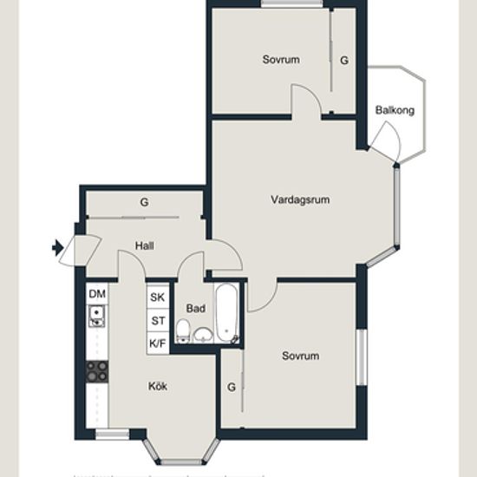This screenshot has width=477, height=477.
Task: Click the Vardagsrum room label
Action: [x=300, y=199]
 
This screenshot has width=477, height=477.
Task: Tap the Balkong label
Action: [x=395, y=110]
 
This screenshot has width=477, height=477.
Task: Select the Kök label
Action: [x=158, y=386]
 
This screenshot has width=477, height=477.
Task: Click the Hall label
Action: [x=145, y=245]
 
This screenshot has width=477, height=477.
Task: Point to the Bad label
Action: [x=196, y=309]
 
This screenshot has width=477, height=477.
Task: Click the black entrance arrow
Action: [x=57, y=248]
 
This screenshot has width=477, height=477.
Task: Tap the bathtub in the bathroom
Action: [x=226, y=313]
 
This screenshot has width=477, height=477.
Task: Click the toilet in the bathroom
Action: [x=183, y=331]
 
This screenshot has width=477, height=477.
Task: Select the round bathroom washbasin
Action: [x=204, y=336]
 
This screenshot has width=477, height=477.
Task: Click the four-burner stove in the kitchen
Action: [x=97, y=372]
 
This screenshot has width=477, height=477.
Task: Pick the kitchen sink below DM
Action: [x=97, y=317]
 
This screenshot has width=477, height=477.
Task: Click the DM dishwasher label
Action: [x=97, y=294]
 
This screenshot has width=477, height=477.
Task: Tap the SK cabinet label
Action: [x=158, y=297]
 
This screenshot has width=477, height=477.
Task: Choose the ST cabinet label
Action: [x=158, y=321]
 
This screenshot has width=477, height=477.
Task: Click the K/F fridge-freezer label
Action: [x=158, y=343]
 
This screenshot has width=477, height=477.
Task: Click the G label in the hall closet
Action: [x=145, y=202]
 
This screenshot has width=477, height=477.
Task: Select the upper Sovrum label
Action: [x=281, y=59]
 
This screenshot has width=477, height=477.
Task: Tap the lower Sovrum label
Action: [x=301, y=356]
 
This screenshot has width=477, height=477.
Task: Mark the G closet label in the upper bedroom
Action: [x=344, y=60]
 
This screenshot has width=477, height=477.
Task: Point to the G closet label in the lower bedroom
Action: [x=232, y=387]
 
